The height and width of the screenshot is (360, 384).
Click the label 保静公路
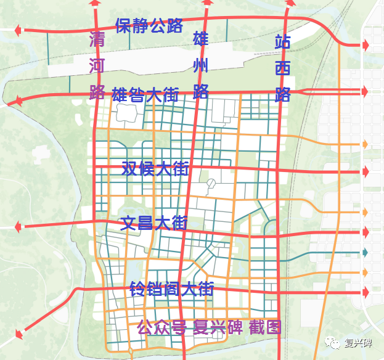(x=149, y=26)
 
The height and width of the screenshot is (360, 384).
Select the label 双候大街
(x=155, y=168)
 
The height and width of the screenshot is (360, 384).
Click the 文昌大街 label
(x=154, y=223)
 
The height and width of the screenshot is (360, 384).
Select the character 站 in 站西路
(x=283, y=43)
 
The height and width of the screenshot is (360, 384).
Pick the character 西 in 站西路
(x=283, y=68)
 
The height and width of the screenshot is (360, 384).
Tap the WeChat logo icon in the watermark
(x=333, y=343)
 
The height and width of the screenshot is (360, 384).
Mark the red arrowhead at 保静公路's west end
(x=19, y=29)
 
